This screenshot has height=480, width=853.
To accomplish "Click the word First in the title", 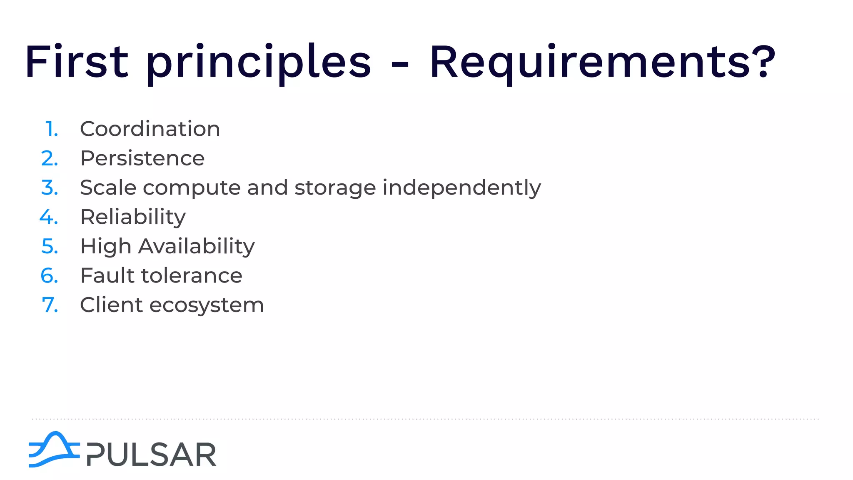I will coord(77,62).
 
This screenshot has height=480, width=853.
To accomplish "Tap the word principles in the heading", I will coord(258,62).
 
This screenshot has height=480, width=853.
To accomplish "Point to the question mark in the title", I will coord(765,62).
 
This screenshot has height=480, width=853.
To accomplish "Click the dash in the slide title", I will coord(400,65).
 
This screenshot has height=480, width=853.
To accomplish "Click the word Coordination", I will coord(150,129).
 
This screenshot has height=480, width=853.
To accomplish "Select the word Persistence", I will coord(142,158).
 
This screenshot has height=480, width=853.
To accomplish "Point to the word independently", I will coord(461,188).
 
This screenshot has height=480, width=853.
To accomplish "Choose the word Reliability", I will coord(133,217).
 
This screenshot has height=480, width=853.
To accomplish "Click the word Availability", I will coord(196,247).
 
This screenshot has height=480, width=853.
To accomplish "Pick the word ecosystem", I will coord(207,305).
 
